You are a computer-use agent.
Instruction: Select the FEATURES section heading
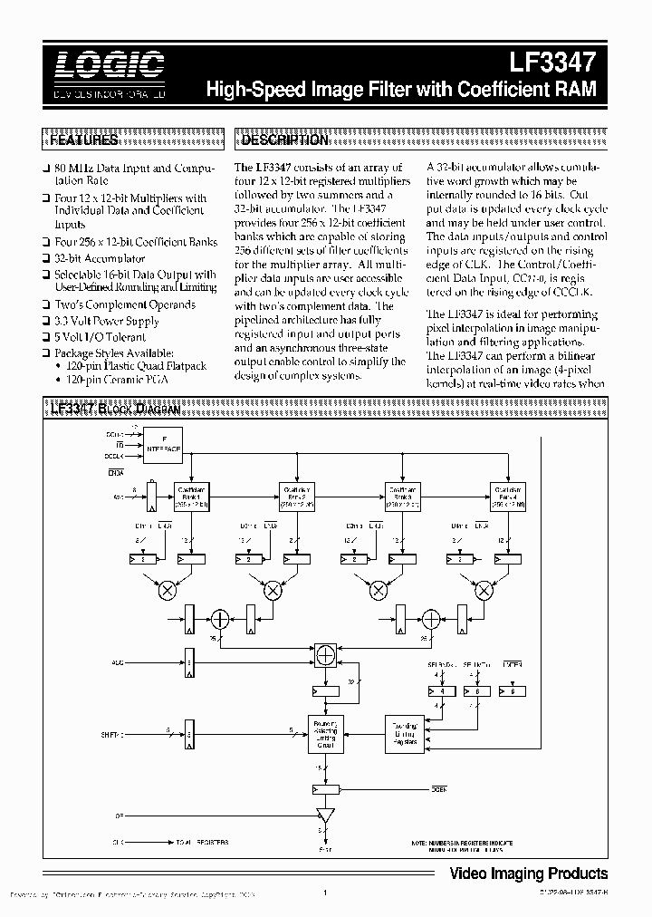click(x=82, y=140)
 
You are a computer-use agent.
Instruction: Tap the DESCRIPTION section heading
click(x=283, y=140)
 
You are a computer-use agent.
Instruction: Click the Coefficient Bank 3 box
click(x=402, y=496)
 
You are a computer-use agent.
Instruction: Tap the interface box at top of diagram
click(x=164, y=444)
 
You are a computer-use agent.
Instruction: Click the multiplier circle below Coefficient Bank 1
click(x=168, y=591)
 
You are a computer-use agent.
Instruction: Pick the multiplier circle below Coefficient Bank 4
click(x=484, y=591)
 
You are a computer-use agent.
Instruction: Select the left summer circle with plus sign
click(x=218, y=620)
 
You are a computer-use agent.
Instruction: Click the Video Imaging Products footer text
click(x=529, y=874)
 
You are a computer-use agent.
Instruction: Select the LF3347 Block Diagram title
click(x=115, y=410)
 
